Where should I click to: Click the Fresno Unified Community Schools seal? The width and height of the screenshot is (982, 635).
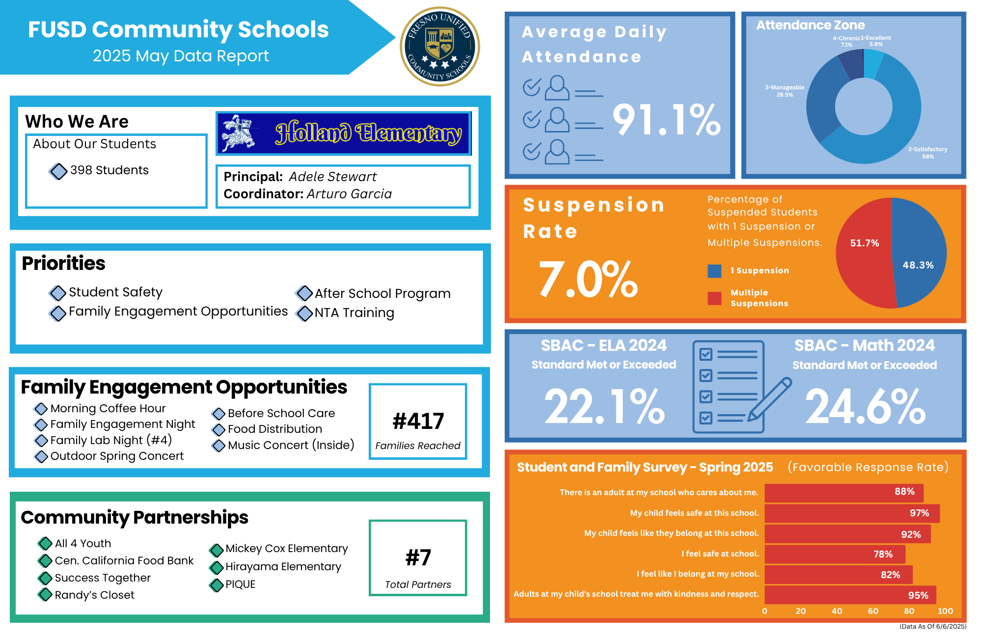click(440, 47)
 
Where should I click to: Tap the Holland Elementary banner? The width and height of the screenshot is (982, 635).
click(344, 133)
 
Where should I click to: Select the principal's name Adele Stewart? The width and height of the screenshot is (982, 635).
click(332, 177)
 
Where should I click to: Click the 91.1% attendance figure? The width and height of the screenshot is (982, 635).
click(666, 120)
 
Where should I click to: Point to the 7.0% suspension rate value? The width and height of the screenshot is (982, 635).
click(588, 279)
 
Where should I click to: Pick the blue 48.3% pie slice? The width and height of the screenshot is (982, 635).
click(918, 255)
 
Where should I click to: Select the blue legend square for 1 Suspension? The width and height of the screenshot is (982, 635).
click(714, 271)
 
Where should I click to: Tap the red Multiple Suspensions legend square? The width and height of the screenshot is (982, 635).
click(714, 298)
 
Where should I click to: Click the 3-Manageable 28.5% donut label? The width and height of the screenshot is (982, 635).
click(785, 91)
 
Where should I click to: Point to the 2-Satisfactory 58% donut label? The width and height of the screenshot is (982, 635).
click(927, 153)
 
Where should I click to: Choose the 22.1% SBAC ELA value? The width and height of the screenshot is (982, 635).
click(604, 406)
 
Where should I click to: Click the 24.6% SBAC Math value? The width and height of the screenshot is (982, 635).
click(865, 406)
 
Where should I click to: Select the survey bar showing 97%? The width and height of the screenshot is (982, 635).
click(852, 513)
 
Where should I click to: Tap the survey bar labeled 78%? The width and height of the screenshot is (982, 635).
click(835, 554)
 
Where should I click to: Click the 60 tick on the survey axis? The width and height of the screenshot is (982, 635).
click(873, 611)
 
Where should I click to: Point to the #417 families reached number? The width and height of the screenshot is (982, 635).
click(418, 421)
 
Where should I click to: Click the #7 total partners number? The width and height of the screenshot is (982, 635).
click(418, 557)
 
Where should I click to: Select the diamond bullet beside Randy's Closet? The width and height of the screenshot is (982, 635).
click(45, 595)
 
